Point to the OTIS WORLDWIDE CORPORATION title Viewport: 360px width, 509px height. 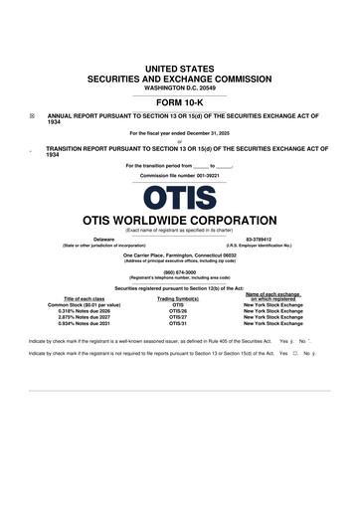179,219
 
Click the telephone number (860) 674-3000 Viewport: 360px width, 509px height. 179,271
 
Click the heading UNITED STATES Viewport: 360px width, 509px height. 179,67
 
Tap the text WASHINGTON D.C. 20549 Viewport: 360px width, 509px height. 179,86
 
